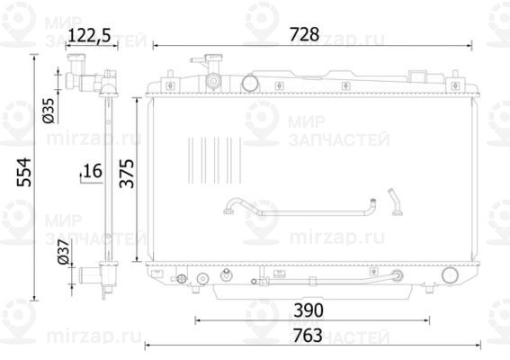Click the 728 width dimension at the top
click(x=304, y=35)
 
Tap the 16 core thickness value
click(x=93, y=170)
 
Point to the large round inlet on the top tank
click(x=250, y=82)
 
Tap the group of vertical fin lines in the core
click(x=215, y=160)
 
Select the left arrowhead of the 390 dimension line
click(x=195, y=319)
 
